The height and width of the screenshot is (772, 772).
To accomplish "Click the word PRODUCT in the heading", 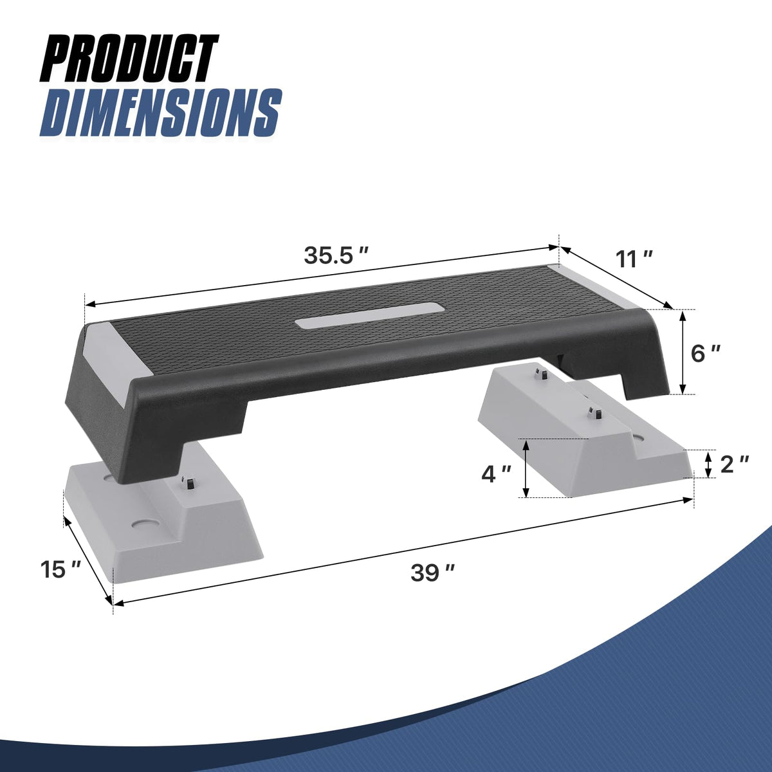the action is click(x=130, y=60).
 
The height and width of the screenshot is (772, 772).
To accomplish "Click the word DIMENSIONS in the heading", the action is click(x=160, y=113).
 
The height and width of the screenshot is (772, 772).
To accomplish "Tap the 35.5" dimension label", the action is click(x=336, y=255).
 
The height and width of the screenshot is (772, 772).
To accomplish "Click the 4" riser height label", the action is click(x=496, y=475).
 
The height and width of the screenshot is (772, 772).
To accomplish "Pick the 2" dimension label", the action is click(x=734, y=464).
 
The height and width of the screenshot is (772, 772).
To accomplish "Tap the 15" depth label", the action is click(x=60, y=569).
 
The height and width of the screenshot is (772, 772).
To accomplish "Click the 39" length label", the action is click(x=433, y=573).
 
